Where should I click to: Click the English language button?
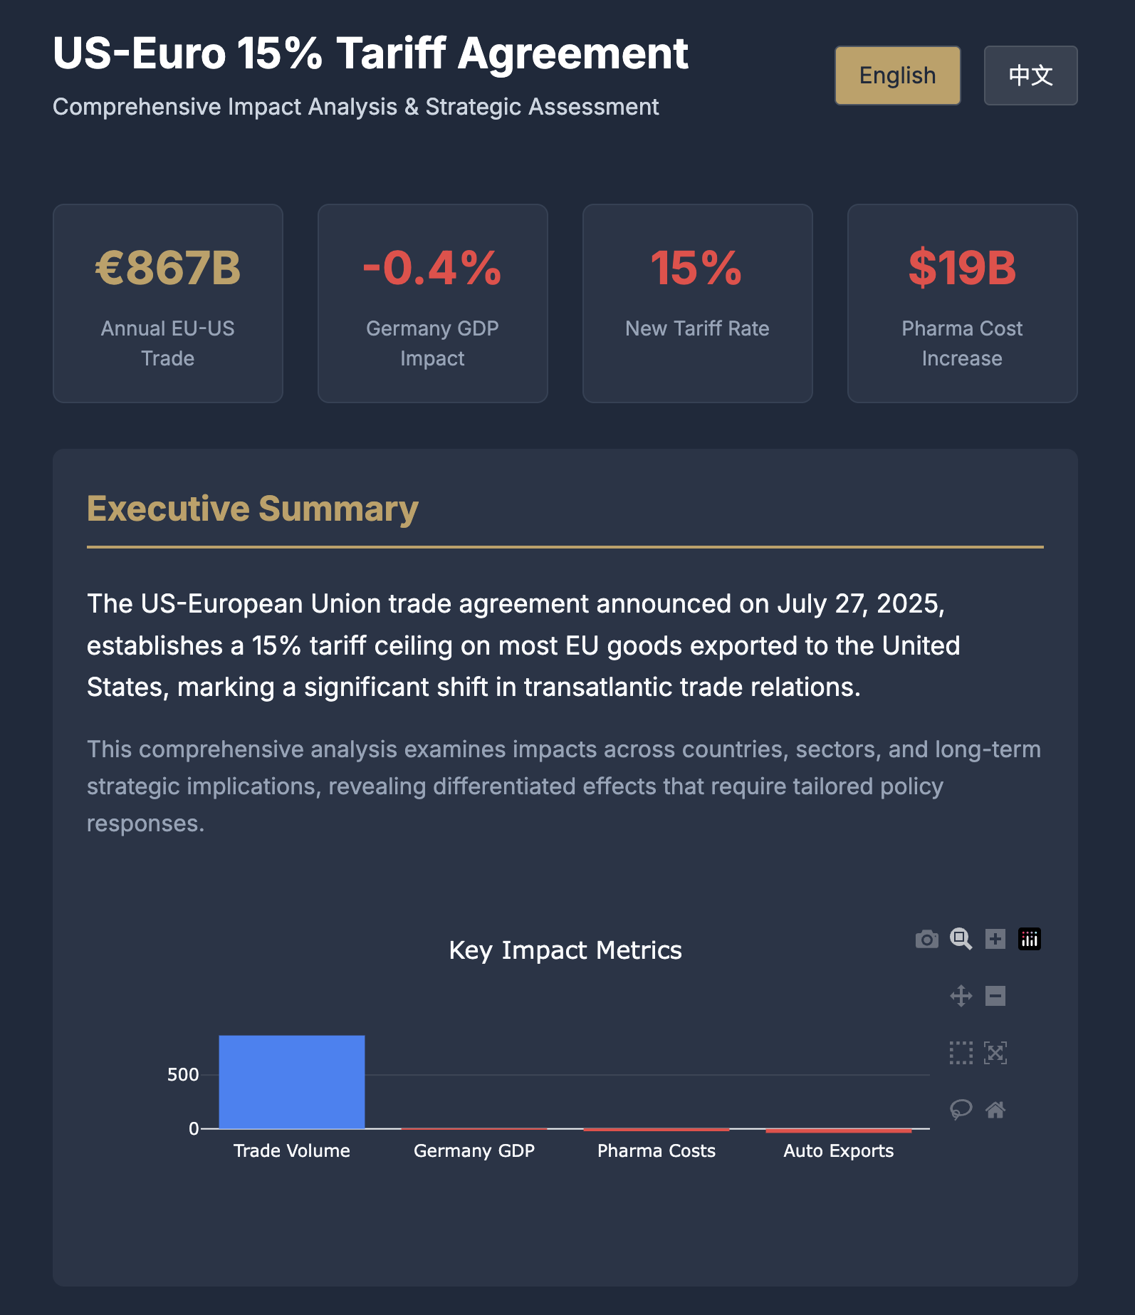click(897, 76)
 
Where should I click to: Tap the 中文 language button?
click(1030, 76)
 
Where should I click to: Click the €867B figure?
click(168, 268)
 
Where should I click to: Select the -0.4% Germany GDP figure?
click(432, 268)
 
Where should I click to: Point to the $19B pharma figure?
click(962, 268)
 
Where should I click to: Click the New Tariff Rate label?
click(697, 328)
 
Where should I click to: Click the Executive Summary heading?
click(252, 509)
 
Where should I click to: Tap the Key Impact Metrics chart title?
click(565, 950)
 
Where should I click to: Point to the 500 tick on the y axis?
click(183, 1074)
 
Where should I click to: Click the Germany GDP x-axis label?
click(474, 1150)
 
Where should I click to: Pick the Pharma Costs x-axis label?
click(657, 1150)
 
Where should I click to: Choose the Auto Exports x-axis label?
click(839, 1150)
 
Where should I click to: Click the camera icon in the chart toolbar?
click(926, 939)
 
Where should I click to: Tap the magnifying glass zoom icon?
click(961, 939)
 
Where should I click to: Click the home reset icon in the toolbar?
click(995, 1109)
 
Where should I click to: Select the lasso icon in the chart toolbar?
click(961, 1109)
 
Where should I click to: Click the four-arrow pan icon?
click(961, 995)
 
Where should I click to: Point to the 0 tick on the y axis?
click(194, 1128)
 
